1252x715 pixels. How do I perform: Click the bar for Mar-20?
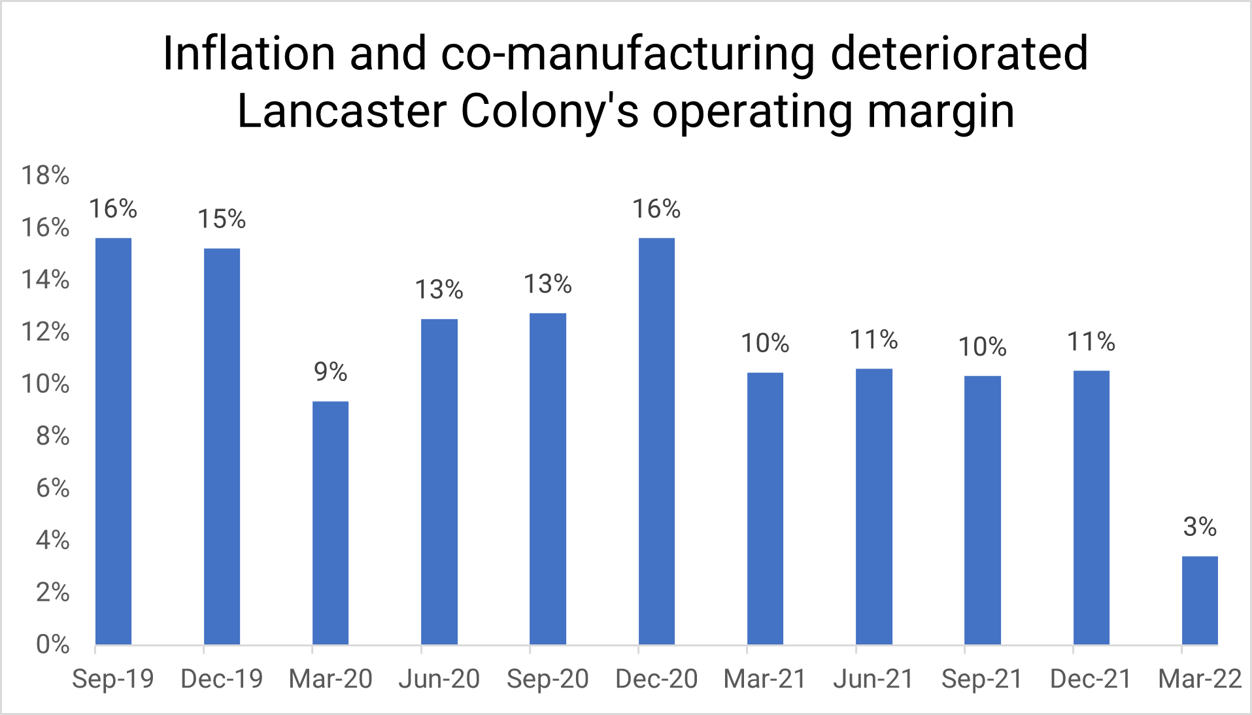point(330,523)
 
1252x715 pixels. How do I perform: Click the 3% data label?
point(1200,527)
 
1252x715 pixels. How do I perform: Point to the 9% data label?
point(330,372)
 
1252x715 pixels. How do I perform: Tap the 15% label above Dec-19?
point(222,219)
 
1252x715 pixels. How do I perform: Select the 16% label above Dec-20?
point(656,209)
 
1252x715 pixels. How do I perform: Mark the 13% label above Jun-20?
point(439,290)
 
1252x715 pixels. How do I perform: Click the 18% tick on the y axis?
point(45,175)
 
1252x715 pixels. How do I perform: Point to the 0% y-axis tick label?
point(52,644)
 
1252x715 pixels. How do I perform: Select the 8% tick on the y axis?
point(52,436)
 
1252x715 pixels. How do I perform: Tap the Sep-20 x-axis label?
point(548,679)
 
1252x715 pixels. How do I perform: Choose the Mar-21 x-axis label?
point(765,679)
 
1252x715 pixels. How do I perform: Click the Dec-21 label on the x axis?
point(1091,679)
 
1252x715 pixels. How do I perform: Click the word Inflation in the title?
point(248,54)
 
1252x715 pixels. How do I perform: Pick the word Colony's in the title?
point(549,111)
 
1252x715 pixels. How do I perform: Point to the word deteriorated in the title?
point(959,54)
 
